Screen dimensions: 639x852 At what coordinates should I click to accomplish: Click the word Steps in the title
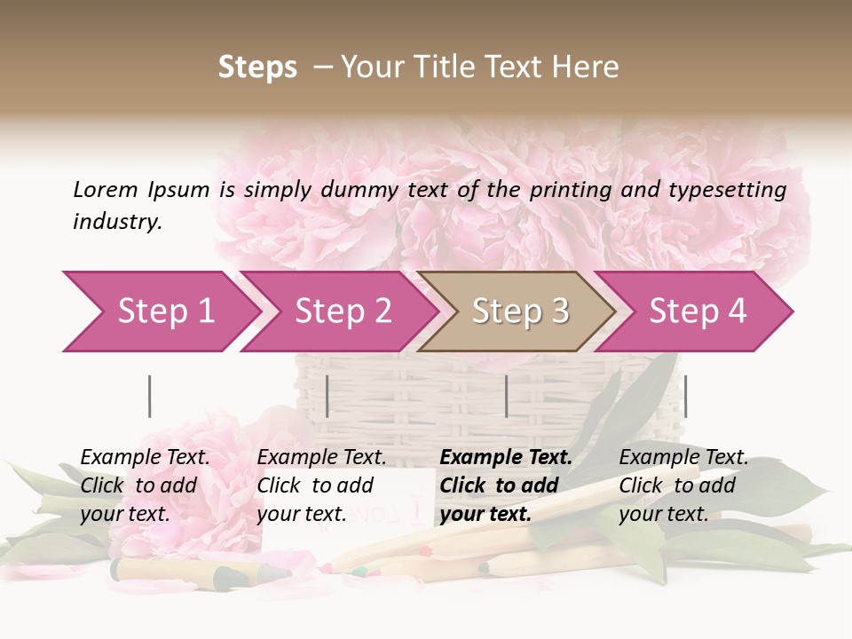pos(257,67)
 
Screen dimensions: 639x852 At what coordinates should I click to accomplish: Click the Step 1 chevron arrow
pos(160,311)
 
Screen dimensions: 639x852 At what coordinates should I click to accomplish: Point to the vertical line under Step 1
pos(149,396)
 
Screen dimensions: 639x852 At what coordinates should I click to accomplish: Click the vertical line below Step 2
pos(327,396)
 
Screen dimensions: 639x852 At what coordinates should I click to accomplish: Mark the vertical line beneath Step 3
pos(506,396)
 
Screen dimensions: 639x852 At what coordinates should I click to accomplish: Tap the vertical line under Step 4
pos(685,396)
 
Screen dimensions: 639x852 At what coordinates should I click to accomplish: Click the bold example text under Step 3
pos(505,485)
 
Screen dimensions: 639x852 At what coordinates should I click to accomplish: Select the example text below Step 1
pos(145,485)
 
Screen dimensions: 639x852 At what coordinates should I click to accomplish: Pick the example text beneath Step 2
pos(321,485)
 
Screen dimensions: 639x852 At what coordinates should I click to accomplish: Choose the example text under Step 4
pos(683,485)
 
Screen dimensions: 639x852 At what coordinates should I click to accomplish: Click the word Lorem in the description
pos(105,189)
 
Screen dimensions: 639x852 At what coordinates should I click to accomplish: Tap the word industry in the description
pos(117,222)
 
